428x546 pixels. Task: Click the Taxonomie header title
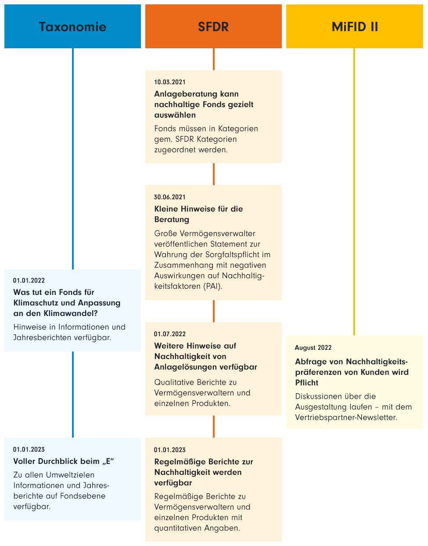[72, 27]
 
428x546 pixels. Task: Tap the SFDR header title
[213, 27]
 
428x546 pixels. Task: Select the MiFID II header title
[355, 27]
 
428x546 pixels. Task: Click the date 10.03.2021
[170, 82]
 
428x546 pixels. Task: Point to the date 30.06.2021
[170, 197]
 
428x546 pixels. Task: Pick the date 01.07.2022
[170, 334]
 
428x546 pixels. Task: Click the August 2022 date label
[313, 348]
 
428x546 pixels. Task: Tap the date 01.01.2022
[29, 280]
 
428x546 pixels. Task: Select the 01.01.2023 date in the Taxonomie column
[29, 449]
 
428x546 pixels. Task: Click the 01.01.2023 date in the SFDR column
[170, 450]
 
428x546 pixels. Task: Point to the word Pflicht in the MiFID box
[306, 383]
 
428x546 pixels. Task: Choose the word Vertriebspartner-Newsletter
[346, 417]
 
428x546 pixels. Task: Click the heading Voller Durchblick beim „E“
[64, 461]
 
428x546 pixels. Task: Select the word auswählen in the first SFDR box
[175, 115]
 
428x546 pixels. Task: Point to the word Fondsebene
[85, 496]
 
